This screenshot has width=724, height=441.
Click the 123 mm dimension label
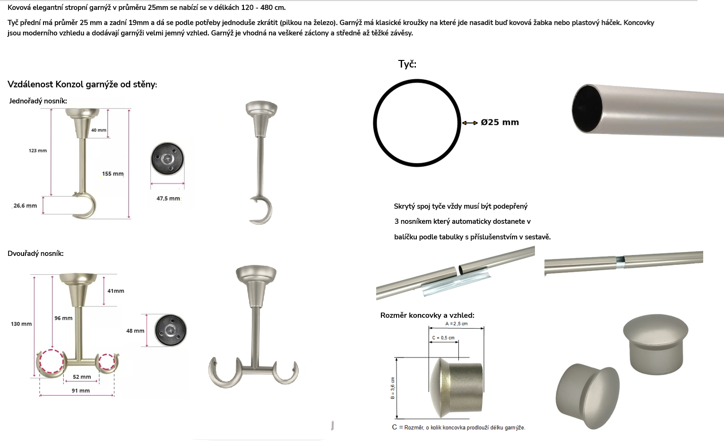tap(38, 151)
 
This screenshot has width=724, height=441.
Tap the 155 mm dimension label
tap(113, 174)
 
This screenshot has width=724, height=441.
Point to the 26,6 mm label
tap(25, 206)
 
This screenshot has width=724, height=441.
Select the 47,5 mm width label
tap(168, 198)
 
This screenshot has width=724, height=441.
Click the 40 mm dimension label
tap(99, 130)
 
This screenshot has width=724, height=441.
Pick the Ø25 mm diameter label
tap(500, 122)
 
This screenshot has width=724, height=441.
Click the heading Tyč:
tap(407, 64)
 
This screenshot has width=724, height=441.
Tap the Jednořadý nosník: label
tap(38, 101)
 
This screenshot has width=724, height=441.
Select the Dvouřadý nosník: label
tap(35, 254)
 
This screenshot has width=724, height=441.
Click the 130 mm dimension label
tap(21, 324)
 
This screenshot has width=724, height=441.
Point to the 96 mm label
tap(63, 318)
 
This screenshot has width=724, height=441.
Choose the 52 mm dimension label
tap(82, 377)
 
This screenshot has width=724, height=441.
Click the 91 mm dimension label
tap(81, 390)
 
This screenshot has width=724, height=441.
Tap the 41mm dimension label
tap(116, 291)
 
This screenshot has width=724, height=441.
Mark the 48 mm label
tap(135, 331)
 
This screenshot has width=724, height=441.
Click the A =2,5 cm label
tap(457, 323)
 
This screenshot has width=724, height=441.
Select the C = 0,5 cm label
tap(443, 338)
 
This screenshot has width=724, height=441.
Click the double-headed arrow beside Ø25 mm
tap(470, 123)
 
